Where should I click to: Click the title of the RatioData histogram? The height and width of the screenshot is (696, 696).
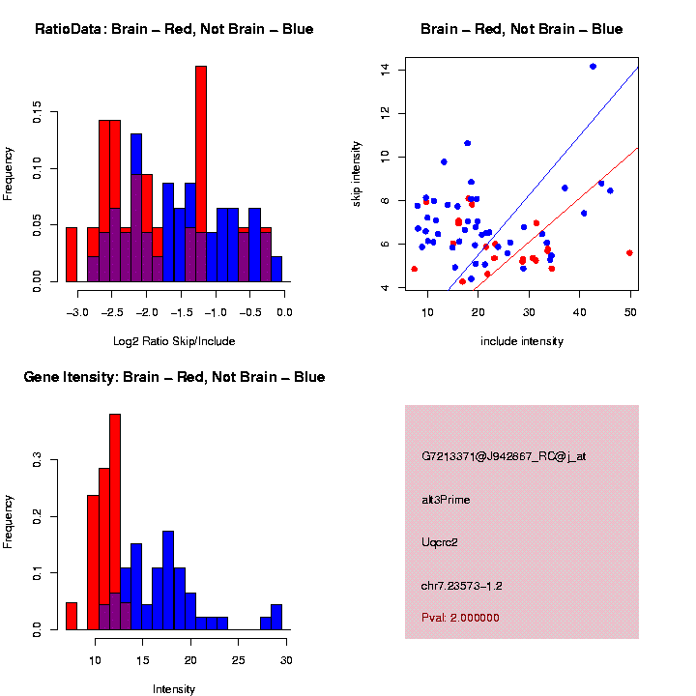174,29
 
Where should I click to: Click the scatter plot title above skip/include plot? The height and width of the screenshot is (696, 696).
521,29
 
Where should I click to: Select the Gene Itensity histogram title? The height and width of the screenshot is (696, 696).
174,376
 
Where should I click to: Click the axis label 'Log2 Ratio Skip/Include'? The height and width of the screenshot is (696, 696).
174,340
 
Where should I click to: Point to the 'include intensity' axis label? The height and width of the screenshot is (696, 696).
521,340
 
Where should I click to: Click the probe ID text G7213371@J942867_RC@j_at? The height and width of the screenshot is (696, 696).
504,456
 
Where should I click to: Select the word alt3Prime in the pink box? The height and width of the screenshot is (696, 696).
446,500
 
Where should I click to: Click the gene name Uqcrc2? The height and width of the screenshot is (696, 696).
440,542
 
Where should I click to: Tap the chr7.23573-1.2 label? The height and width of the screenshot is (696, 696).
461,586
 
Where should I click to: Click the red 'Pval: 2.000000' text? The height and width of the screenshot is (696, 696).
460,618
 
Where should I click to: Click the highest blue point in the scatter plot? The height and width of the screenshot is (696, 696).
593,67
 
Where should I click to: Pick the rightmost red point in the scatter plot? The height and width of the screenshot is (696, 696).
629,252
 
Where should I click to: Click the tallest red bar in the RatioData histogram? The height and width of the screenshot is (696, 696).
201,174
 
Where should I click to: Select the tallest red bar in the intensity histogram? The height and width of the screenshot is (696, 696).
115,522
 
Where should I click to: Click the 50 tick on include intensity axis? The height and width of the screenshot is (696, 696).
629,313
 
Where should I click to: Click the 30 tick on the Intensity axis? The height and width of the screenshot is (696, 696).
286,660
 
